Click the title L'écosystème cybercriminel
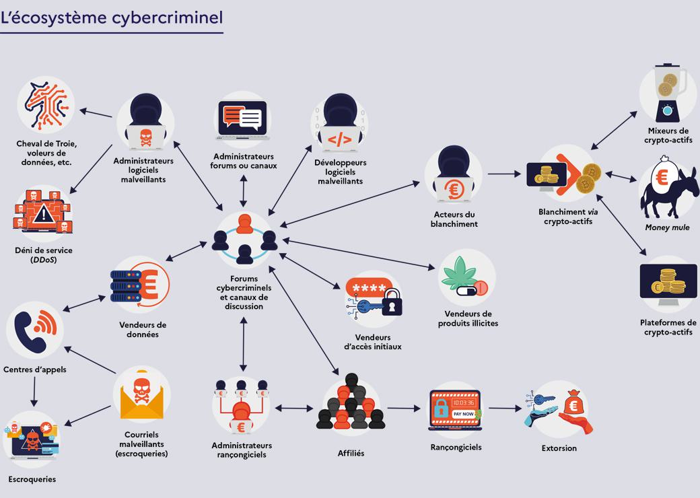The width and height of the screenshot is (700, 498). tap(111, 17)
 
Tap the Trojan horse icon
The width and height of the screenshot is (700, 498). tap(46, 105)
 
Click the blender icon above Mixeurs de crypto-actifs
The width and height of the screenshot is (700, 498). tap(667, 94)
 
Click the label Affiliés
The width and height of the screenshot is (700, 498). tap(351, 454)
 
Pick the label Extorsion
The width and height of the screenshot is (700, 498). tap(559, 448)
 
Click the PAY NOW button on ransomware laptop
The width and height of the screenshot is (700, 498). tap(463, 414)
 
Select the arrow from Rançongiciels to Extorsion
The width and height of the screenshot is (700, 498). tap(505, 408)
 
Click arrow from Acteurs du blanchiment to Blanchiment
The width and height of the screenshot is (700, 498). tap(504, 174)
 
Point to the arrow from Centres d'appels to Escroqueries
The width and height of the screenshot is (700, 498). tap(34, 392)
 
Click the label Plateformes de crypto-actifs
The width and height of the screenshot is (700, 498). tap(668, 327)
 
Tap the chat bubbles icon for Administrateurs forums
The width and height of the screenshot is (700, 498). tap(242, 118)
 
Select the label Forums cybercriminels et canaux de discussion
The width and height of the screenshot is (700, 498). tap(244, 292)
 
